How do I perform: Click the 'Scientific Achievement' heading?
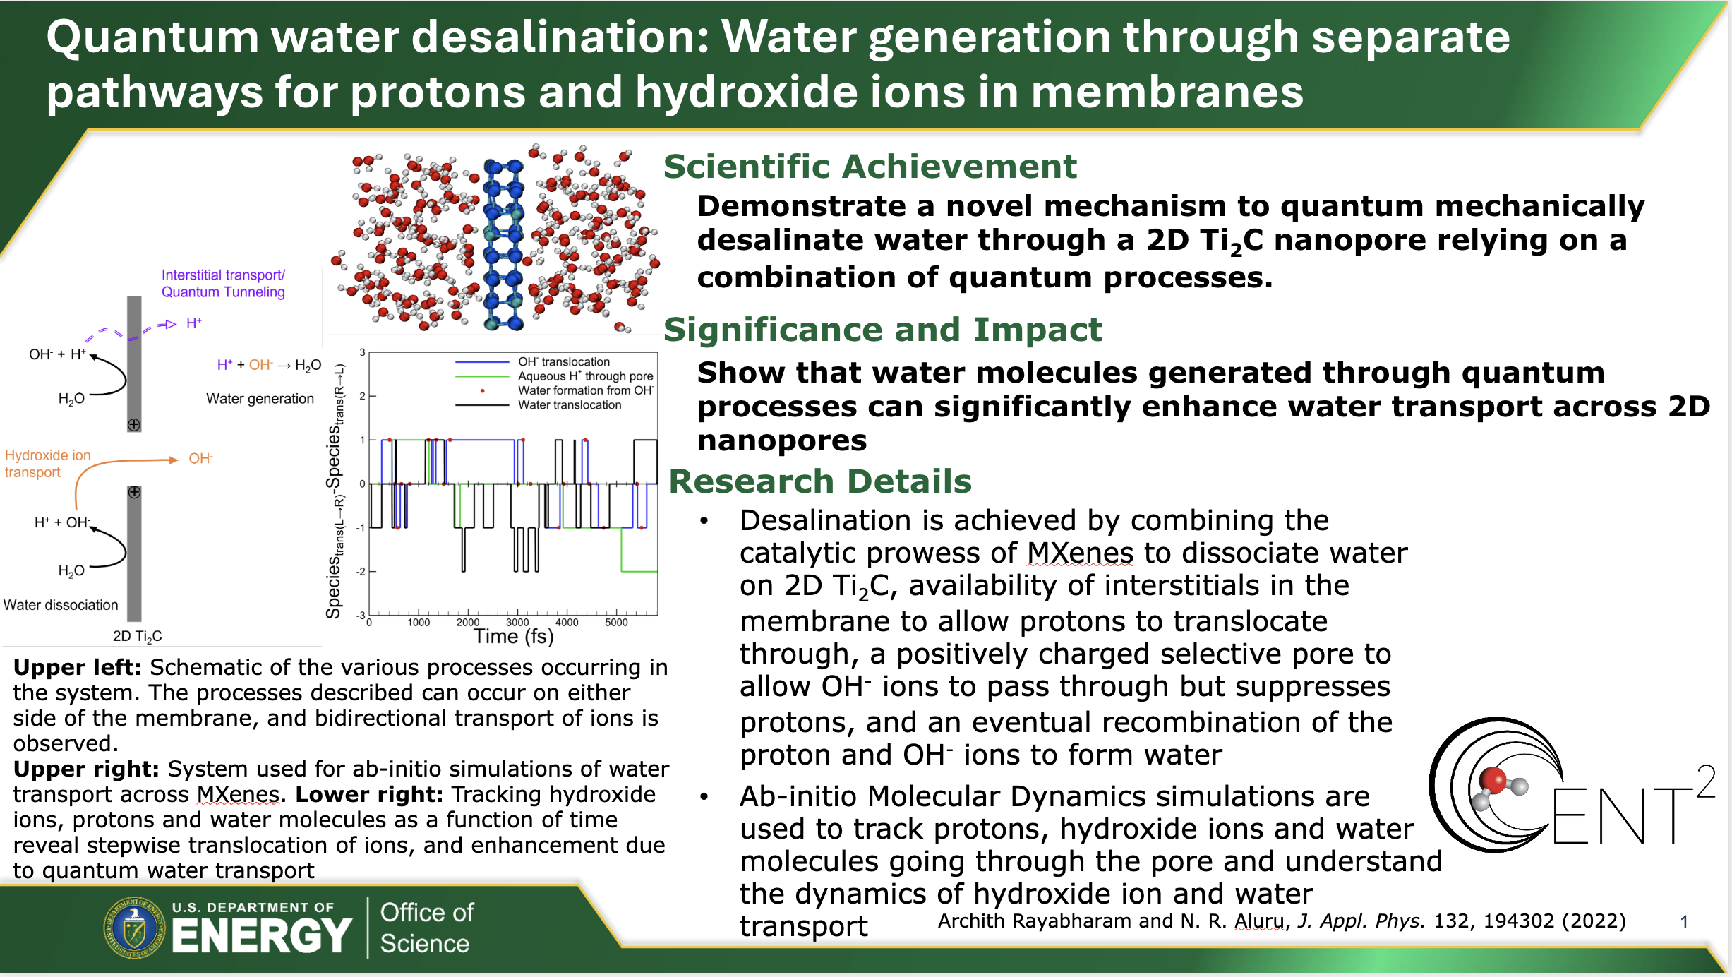pyautogui.click(x=870, y=167)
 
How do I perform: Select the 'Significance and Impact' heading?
pyautogui.click(x=882, y=330)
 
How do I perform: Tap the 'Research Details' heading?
pyautogui.click(x=820, y=481)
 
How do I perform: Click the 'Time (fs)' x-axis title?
pyautogui.click(x=513, y=637)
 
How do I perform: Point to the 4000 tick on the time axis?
pyautogui.click(x=567, y=623)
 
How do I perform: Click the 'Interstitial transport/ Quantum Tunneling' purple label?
pyautogui.click(x=223, y=284)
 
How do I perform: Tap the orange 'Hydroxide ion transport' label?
pyautogui.click(x=48, y=464)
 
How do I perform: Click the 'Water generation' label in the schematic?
pyautogui.click(x=260, y=399)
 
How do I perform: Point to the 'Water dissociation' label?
pyautogui.click(x=61, y=605)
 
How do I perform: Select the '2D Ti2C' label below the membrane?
pyautogui.click(x=137, y=637)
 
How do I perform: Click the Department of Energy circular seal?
pyautogui.click(x=135, y=928)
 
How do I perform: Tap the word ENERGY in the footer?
pyautogui.click(x=261, y=936)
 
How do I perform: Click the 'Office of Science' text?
pyautogui.click(x=426, y=928)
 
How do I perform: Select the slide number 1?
pyautogui.click(x=1684, y=922)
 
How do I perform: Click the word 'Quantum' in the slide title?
pyautogui.click(x=152, y=38)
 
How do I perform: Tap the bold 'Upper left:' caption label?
pyautogui.click(x=78, y=668)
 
